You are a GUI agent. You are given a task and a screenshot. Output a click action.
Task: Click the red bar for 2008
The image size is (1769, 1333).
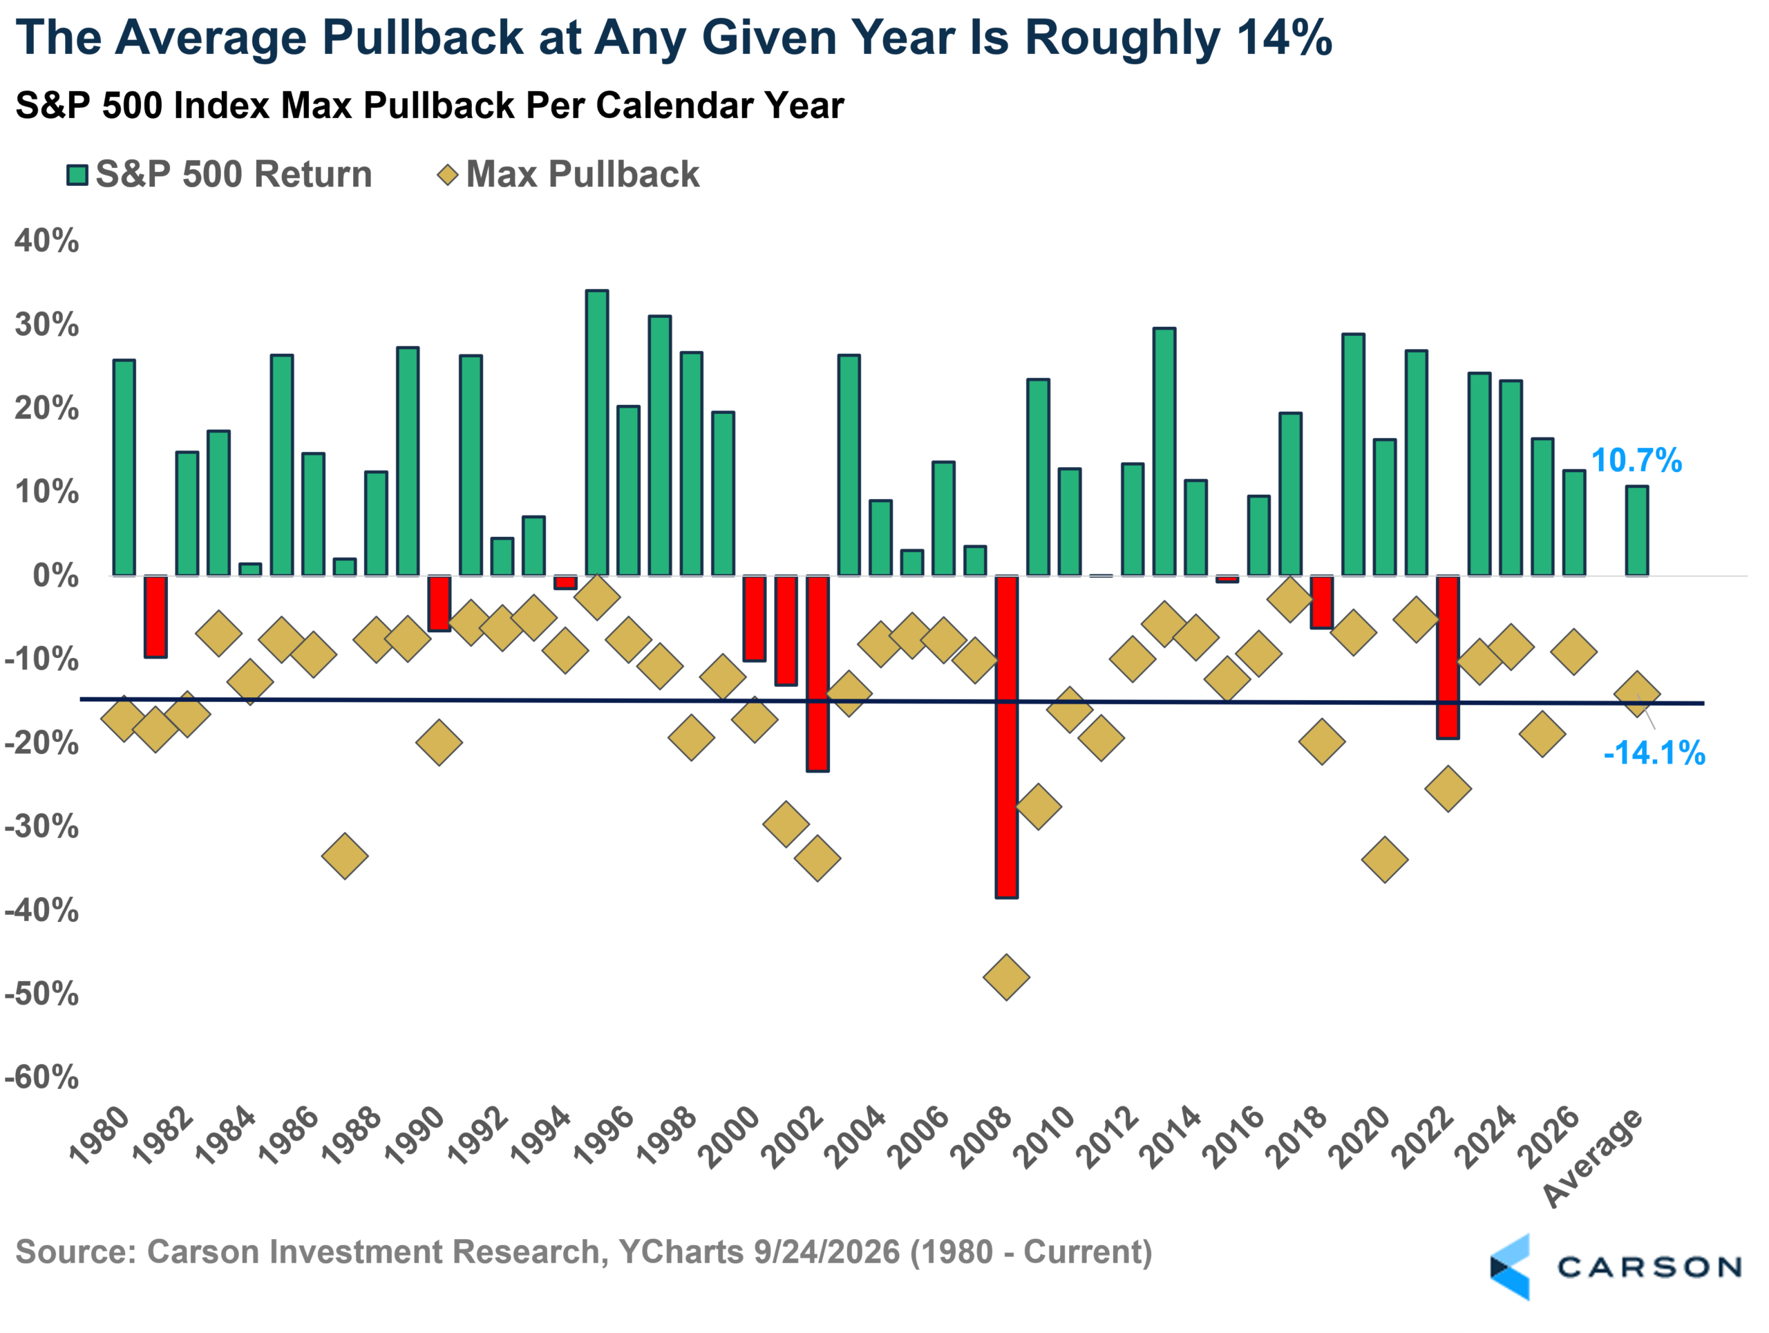pos(1006,737)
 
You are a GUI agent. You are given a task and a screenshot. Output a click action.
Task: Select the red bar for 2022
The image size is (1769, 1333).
pos(1448,656)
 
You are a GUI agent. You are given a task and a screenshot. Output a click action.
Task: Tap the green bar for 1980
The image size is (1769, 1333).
pos(124,468)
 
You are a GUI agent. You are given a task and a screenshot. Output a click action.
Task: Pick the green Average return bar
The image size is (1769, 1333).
pos(1637,531)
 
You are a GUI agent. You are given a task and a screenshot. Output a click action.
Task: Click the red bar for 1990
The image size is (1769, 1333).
pos(439,603)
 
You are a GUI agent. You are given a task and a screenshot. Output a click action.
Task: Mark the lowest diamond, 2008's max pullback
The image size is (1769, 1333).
pos(1006,977)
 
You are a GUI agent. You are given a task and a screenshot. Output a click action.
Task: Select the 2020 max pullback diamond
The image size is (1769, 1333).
pos(1384,860)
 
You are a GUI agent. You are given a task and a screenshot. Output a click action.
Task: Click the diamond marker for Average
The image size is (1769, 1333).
pos(1637,693)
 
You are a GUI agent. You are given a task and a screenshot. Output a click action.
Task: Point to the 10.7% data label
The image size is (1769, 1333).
pos(1636,461)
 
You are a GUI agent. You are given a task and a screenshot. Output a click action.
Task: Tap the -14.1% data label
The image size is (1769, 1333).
pos(1654,753)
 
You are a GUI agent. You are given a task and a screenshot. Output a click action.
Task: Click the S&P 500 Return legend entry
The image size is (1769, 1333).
pos(220,174)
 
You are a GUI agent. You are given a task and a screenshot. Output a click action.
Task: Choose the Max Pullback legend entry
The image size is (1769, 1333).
pos(569,174)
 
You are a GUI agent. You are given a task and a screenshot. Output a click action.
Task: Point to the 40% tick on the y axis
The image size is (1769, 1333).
pos(47,240)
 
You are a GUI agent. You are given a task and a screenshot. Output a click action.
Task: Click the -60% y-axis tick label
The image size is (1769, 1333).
pos(41,1077)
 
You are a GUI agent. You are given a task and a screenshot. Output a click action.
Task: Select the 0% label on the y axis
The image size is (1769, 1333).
pos(56,576)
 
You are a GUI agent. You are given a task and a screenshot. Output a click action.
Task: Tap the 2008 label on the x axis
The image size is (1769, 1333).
pos(982,1137)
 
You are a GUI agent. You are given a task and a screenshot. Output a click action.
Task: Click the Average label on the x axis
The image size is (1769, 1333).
pos(1593,1158)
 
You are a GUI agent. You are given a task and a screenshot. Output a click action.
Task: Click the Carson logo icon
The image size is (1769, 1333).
pos(1510,1267)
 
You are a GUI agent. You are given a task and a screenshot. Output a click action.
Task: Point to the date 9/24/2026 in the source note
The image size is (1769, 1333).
pos(826,1252)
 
